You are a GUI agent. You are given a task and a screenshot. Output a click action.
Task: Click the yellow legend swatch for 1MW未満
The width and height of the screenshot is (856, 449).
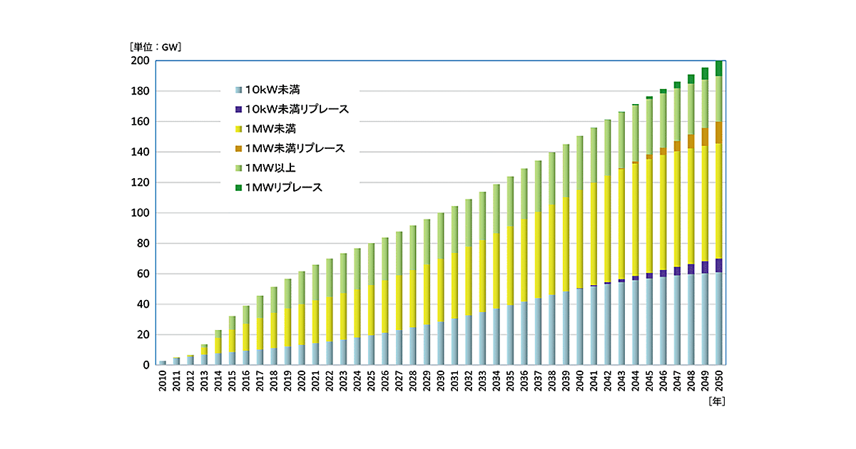[238, 129]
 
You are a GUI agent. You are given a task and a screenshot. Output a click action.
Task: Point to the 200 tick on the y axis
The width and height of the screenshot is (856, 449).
[140, 61]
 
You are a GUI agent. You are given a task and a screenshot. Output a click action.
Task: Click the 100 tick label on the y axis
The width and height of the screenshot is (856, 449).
[140, 213]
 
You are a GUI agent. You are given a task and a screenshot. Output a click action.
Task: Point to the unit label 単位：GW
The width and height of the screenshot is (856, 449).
[156, 48]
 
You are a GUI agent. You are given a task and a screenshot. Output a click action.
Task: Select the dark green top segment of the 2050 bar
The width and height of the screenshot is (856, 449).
[719, 68]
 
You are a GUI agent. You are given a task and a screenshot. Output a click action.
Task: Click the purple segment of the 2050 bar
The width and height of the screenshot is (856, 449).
[719, 265]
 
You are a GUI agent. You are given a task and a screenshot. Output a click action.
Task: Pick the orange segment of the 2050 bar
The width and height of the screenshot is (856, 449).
[719, 133]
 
